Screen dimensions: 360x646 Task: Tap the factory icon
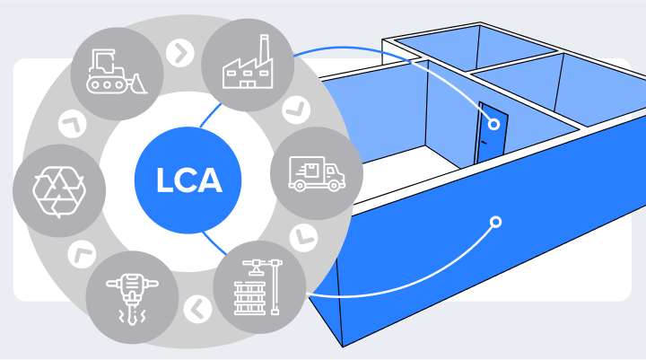pos(248,64)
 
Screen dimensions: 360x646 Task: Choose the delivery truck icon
pos(316,174)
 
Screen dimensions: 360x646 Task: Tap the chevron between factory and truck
pos(293,110)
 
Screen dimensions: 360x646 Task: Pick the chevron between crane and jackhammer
pos(197,309)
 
